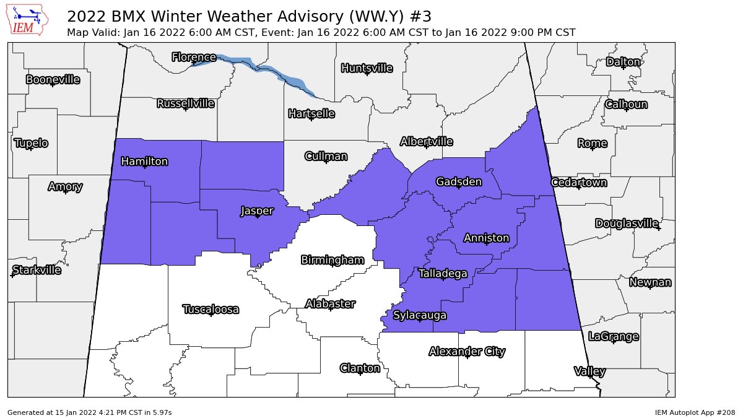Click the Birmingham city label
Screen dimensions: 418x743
point(332,259)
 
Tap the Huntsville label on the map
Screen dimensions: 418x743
point(367,68)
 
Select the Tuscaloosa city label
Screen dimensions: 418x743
point(211,309)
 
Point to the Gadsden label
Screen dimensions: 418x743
point(458,181)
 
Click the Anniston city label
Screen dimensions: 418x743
point(486,238)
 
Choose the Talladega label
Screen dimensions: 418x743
point(443,273)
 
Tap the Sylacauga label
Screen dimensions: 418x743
point(419,315)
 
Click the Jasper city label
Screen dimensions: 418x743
point(256,211)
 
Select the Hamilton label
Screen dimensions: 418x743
point(144,162)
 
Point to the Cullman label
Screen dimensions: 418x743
point(326,156)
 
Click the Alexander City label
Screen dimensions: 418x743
point(467,352)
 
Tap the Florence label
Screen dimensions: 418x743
point(194,58)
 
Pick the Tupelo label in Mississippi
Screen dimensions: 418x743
point(30,143)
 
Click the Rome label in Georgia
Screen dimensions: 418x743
point(592,143)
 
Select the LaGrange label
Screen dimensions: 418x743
point(613,336)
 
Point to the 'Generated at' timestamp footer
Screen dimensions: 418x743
point(89,412)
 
